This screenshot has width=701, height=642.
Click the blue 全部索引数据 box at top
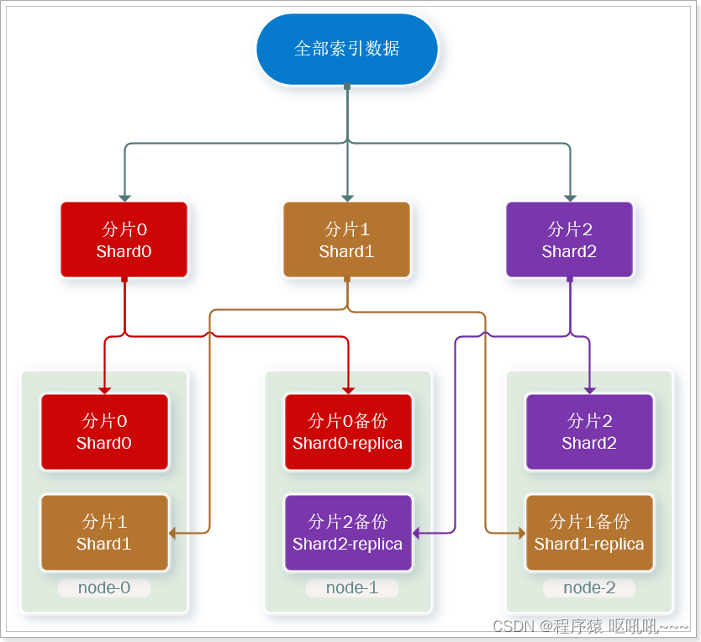pyautogui.click(x=347, y=49)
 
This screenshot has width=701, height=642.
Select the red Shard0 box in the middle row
pyautogui.click(x=124, y=239)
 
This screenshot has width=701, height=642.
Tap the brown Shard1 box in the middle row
pyautogui.click(x=346, y=239)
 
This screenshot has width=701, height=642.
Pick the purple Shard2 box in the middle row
pyautogui.click(x=569, y=239)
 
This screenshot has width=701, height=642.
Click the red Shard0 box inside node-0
pyautogui.click(x=104, y=432)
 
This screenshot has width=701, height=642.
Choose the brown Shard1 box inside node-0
pyautogui.click(x=104, y=533)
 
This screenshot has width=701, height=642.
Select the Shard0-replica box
pyautogui.click(x=348, y=432)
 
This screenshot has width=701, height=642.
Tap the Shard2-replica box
pyautogui.click(x=348, y=533)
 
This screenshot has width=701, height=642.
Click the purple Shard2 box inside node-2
pyautogui.click(x=589, y=432)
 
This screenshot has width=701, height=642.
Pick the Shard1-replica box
pyautogui.click(x=589, y=533)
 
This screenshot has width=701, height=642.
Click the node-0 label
pyautogui.click(x=104, y=587)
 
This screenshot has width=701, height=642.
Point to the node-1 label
pyautogui.click(x=351, y=587)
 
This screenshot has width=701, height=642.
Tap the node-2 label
pyautogui.click(x=589, y=587)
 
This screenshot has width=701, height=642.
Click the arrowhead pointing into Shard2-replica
pyautogui.click(x=417, y=533)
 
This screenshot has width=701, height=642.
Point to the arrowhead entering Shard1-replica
pyautogui.click(x=520, y=533)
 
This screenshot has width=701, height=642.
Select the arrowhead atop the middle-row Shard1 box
pyautogui.click(x=347, y=197)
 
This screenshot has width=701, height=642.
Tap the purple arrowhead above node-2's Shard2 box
pyautogui.click(x=589, y=389)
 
